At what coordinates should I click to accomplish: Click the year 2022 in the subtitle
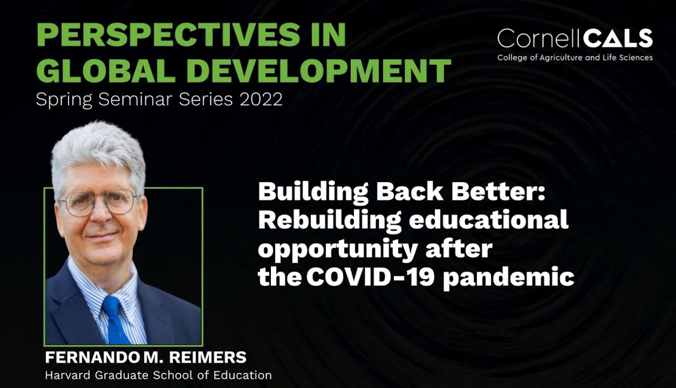[261, 99]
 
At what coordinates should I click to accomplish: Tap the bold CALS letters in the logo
[617, 38]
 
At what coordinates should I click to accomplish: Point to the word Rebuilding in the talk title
[330, 221]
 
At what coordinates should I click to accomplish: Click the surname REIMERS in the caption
[207, 358]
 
